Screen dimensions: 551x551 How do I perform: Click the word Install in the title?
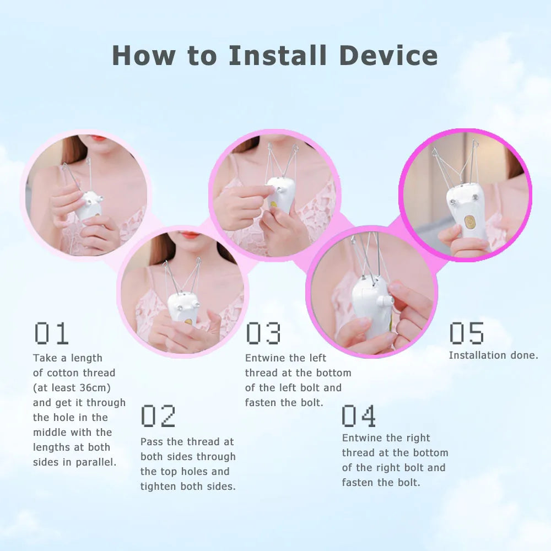click(277, 55)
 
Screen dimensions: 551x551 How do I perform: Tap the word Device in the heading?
click(388, 55)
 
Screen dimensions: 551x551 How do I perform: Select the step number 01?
click(51, 333)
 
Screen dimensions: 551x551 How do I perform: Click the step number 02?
click(158, 416)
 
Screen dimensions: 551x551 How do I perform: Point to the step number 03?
click(263, 333)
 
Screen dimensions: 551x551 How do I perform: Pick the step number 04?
click(359, 416)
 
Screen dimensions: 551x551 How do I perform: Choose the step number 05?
click(467, 333)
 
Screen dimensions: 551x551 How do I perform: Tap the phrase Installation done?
click(493, 355)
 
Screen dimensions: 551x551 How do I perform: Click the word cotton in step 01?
click(63, 373)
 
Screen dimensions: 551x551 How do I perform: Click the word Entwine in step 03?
click(266, 358)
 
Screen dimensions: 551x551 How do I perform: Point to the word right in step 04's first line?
click(418, 438)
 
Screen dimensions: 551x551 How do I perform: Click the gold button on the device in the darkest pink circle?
click(468, 222)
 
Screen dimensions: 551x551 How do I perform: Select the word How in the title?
click(144, 56)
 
